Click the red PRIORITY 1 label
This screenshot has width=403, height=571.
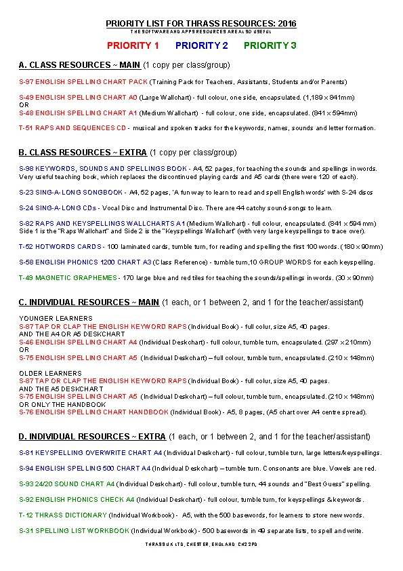(x=133, y=45)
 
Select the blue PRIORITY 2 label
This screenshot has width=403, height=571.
(x=201, y=45)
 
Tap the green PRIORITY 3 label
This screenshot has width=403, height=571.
(x=270, y=45)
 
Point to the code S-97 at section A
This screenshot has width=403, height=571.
(x=26, y=82)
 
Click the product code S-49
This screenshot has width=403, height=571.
(x=26, y=98)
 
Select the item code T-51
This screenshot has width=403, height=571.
(x=26, y=127)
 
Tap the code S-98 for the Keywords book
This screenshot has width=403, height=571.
(x=26, y=169)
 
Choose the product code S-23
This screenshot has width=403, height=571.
(x=26, y=193)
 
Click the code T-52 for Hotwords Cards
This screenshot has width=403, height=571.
(x=26, y=247)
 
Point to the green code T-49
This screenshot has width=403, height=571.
(x=26, y=277)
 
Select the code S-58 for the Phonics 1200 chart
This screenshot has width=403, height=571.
(x=26, y=262)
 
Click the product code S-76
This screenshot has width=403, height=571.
(x=26, y=412)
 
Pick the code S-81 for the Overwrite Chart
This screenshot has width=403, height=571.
(x=26, y=453)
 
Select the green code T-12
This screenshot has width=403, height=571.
(x=26, y=515)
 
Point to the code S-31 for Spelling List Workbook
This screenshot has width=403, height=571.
(x=26, y=530)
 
